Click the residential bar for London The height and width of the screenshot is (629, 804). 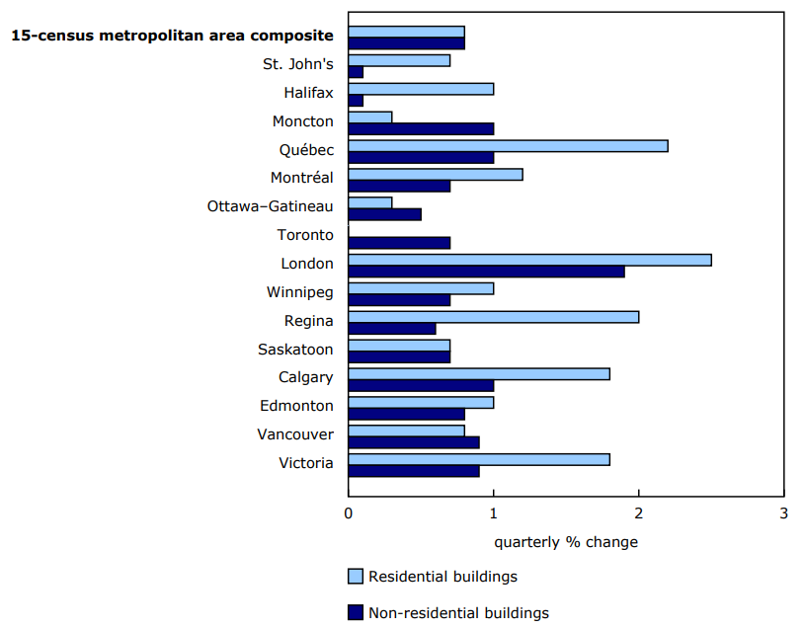(529, 260)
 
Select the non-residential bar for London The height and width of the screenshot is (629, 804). (486, 272)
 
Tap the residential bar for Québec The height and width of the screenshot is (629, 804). (508, 146)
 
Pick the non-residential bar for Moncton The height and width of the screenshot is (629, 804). (421, 128)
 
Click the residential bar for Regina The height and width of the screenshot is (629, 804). (493, 317)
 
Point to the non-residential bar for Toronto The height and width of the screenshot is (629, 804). (399, 243)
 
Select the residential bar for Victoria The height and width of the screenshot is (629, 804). (479, 459)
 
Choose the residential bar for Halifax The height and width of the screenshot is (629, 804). (421, 89)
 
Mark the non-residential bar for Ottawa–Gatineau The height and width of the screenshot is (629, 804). (384, 214)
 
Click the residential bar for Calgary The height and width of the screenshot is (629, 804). (479, 373)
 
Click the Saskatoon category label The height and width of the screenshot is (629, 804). (295, 350)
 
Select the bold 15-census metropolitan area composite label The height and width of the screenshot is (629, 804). (172, 36)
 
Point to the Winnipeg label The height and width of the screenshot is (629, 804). (299, 292)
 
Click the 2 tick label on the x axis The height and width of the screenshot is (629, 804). (639, 513)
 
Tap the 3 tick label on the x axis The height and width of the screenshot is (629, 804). (783, 513)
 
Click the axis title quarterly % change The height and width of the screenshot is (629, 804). (566, 542)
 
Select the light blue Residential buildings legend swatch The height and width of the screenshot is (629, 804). (356, 577)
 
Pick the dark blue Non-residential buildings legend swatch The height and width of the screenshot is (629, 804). (356, 613)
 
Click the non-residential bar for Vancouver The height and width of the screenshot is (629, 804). (414, 442)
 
